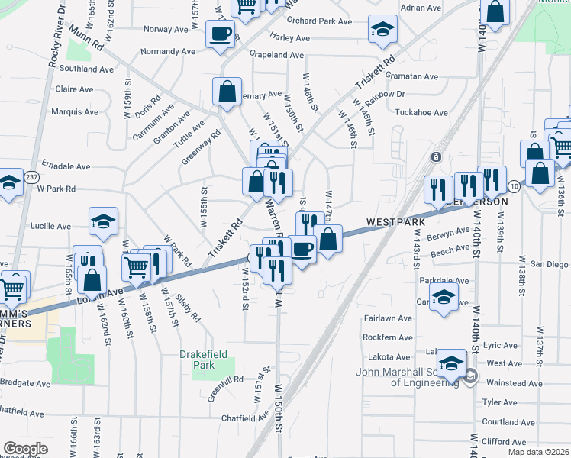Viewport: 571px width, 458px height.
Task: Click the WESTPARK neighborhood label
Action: [x=395, y=222]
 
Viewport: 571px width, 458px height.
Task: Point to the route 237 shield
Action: [x=31, y=177]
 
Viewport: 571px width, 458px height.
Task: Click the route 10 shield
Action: [x=514, y=186]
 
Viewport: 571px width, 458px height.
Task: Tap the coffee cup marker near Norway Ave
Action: [x=221, y=34]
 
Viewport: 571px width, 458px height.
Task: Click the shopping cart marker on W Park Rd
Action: [x=137, y=266]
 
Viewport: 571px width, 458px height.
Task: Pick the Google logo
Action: [x=25, y=449]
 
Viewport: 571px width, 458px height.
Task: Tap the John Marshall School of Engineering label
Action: [x=408, y=378]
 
